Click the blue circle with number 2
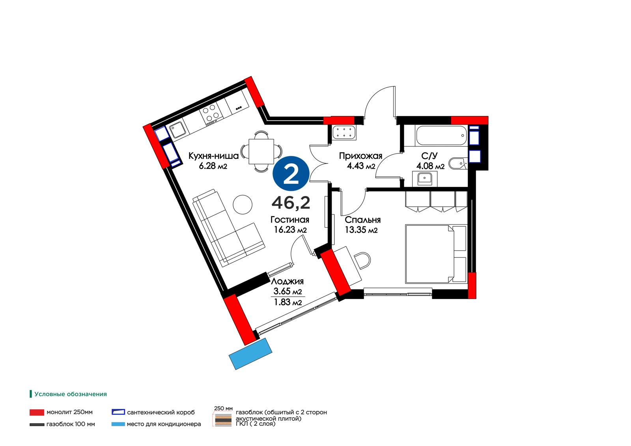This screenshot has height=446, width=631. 291,174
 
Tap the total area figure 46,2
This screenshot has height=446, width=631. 291,203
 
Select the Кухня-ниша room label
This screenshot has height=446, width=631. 213,156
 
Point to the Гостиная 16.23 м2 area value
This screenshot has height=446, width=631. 290,230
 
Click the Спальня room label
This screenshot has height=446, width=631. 362,220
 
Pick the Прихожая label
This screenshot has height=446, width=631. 360,156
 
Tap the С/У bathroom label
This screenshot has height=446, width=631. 429,156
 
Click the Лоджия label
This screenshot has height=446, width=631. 287,281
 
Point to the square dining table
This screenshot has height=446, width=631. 261,151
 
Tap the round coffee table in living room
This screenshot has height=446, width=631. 243,204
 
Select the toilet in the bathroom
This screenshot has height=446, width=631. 457,163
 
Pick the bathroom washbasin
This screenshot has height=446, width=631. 424,179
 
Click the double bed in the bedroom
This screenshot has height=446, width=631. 436,254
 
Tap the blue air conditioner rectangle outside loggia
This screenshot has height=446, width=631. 250,354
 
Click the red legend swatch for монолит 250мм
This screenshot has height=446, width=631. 37,412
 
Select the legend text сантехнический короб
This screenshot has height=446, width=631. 161,412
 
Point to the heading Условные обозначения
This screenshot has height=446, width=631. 71,394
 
